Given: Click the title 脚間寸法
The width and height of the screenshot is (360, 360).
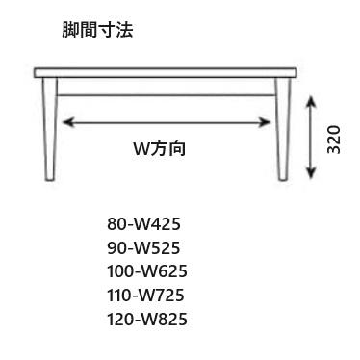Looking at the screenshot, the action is click(x=97, y=30).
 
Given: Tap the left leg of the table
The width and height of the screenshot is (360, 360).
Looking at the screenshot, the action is click(x=50, y=129).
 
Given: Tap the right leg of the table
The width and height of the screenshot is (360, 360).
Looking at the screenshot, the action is click(x=282, y=129).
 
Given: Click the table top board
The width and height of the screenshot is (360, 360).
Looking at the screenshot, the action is click(x=166, y=73).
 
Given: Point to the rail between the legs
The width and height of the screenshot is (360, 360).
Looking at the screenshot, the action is click(x=167, y=95).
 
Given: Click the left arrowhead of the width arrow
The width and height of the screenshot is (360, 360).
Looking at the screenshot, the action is click(x=69, y=122).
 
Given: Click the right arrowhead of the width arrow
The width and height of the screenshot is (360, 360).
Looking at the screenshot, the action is click(x=265, y=122).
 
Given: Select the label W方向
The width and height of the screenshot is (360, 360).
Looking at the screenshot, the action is click(x=160, y=148).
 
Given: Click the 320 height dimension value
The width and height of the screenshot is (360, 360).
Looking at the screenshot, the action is click(x=333, y=140).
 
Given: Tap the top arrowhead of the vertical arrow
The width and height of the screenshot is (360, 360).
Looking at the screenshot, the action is click(x=310, y=102).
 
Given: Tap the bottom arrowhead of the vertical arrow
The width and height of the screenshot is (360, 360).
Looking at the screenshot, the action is click(x=310, y=171).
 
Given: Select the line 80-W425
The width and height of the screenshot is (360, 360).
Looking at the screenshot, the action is click(x=143, y=223).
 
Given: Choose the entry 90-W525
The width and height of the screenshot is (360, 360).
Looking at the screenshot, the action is click(x=143, y=247).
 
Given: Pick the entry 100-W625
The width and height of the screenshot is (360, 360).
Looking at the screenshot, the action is click(x=147, y=271).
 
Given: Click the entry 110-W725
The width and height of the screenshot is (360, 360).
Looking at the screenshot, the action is click(x=145, y=296).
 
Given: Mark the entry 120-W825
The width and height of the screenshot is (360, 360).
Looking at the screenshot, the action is click(x=147, y=320).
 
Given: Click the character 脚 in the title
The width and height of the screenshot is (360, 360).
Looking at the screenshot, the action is click(x=70, y=30).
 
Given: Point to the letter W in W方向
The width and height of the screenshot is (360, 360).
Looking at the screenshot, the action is click(x=141, y=149).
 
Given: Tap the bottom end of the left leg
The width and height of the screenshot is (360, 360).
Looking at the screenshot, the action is click(x=50, y=180).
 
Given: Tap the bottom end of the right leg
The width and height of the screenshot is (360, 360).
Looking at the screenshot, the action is click(x=283, y=180).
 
